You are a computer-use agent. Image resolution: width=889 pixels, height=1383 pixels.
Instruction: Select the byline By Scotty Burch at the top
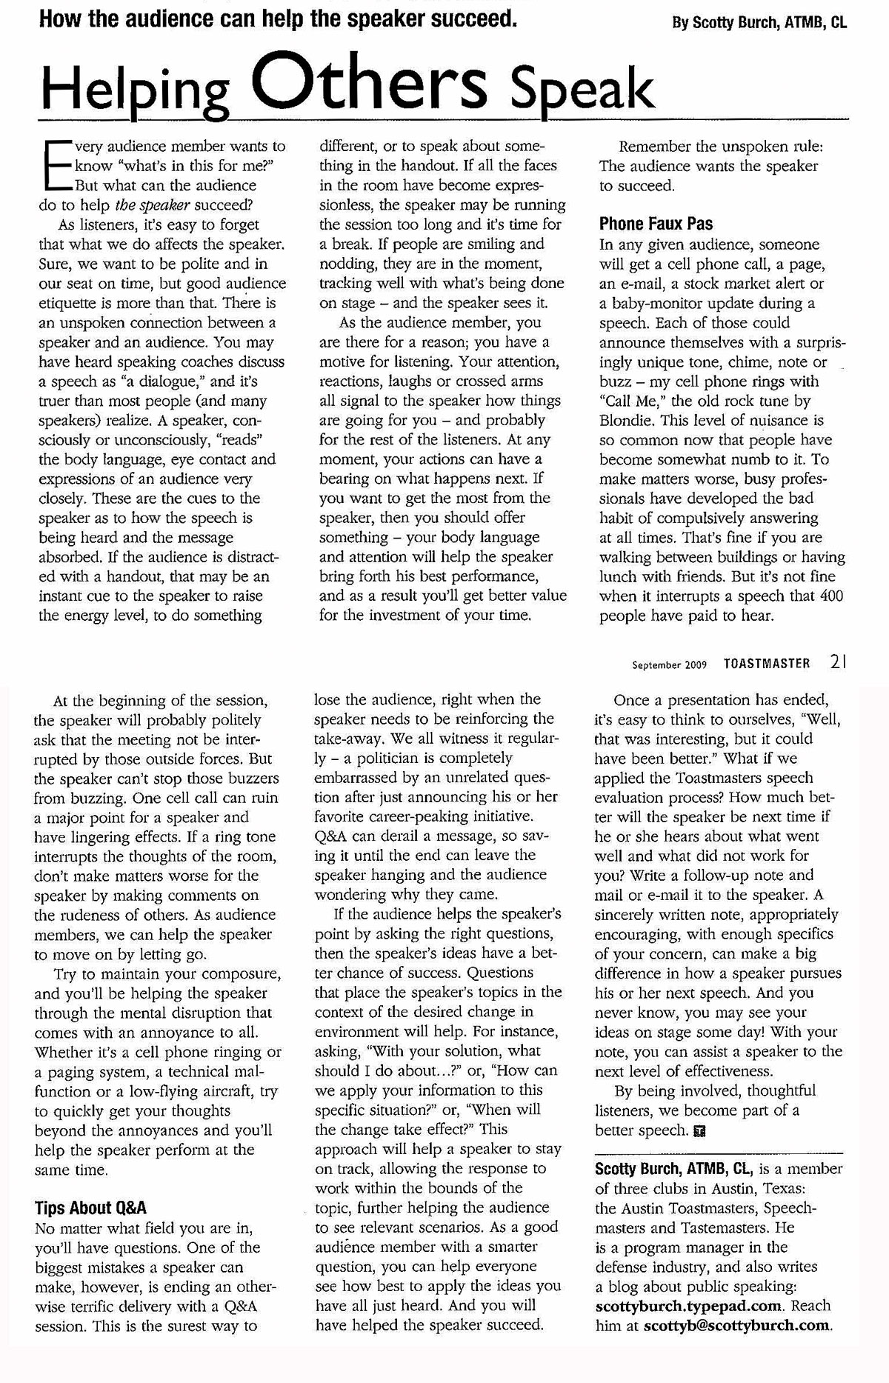[x=759, y=22]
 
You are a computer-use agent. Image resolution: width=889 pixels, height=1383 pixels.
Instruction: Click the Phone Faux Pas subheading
[x=656, y=224]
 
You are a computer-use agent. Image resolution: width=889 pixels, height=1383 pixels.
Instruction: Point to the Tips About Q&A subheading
[x=90, y=1207]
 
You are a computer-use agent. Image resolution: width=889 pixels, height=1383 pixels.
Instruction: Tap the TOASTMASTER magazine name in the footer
[x=767, y=664]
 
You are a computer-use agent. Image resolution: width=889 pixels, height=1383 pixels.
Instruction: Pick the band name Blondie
[x=627, y=420]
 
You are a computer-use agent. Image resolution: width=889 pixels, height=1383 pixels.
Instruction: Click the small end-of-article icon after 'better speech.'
[x=700, y=1131]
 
